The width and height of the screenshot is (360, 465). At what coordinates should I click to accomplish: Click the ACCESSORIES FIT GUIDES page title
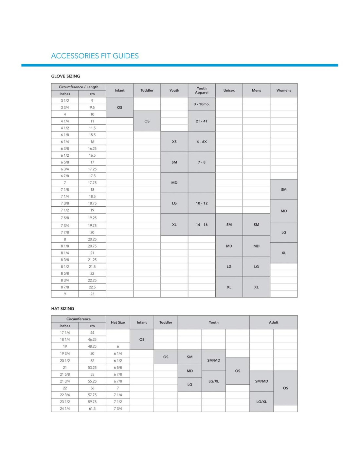point(95,56)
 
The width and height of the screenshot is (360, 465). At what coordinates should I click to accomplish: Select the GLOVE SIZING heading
point(65,76)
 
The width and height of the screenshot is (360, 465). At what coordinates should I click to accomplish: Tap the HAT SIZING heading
point(63,308)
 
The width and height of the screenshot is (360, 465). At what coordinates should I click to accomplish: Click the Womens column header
point(283,90)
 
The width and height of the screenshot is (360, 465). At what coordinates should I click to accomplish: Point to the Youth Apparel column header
point(202,90)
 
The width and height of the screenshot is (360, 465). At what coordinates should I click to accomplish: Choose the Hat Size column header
point(118,322)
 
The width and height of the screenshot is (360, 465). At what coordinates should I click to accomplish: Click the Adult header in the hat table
point(273,322)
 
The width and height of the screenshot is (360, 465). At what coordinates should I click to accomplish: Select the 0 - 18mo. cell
point(202,104)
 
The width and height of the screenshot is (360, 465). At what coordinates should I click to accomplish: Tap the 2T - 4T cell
point(202,121)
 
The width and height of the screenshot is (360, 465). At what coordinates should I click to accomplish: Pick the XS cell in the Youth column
point(174,142)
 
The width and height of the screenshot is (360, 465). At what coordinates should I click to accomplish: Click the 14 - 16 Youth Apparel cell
point(202,225)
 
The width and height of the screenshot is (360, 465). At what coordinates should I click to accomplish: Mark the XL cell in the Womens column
point(283,253)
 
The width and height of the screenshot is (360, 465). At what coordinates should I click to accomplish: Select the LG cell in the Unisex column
point(229,267)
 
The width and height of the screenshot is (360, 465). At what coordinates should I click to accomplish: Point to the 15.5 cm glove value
point(92,135)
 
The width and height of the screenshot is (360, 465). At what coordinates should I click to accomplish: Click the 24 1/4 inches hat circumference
point(65,408)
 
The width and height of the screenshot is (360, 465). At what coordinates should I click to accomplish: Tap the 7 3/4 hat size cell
point(118,408)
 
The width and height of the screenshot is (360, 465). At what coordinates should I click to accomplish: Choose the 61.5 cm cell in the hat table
point(92,408)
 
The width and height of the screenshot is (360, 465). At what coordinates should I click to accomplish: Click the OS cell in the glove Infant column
point(119,107)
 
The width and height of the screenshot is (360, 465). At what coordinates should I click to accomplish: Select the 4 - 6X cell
point(202,142)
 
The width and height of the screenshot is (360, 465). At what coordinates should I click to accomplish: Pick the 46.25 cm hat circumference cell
point(92,339)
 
